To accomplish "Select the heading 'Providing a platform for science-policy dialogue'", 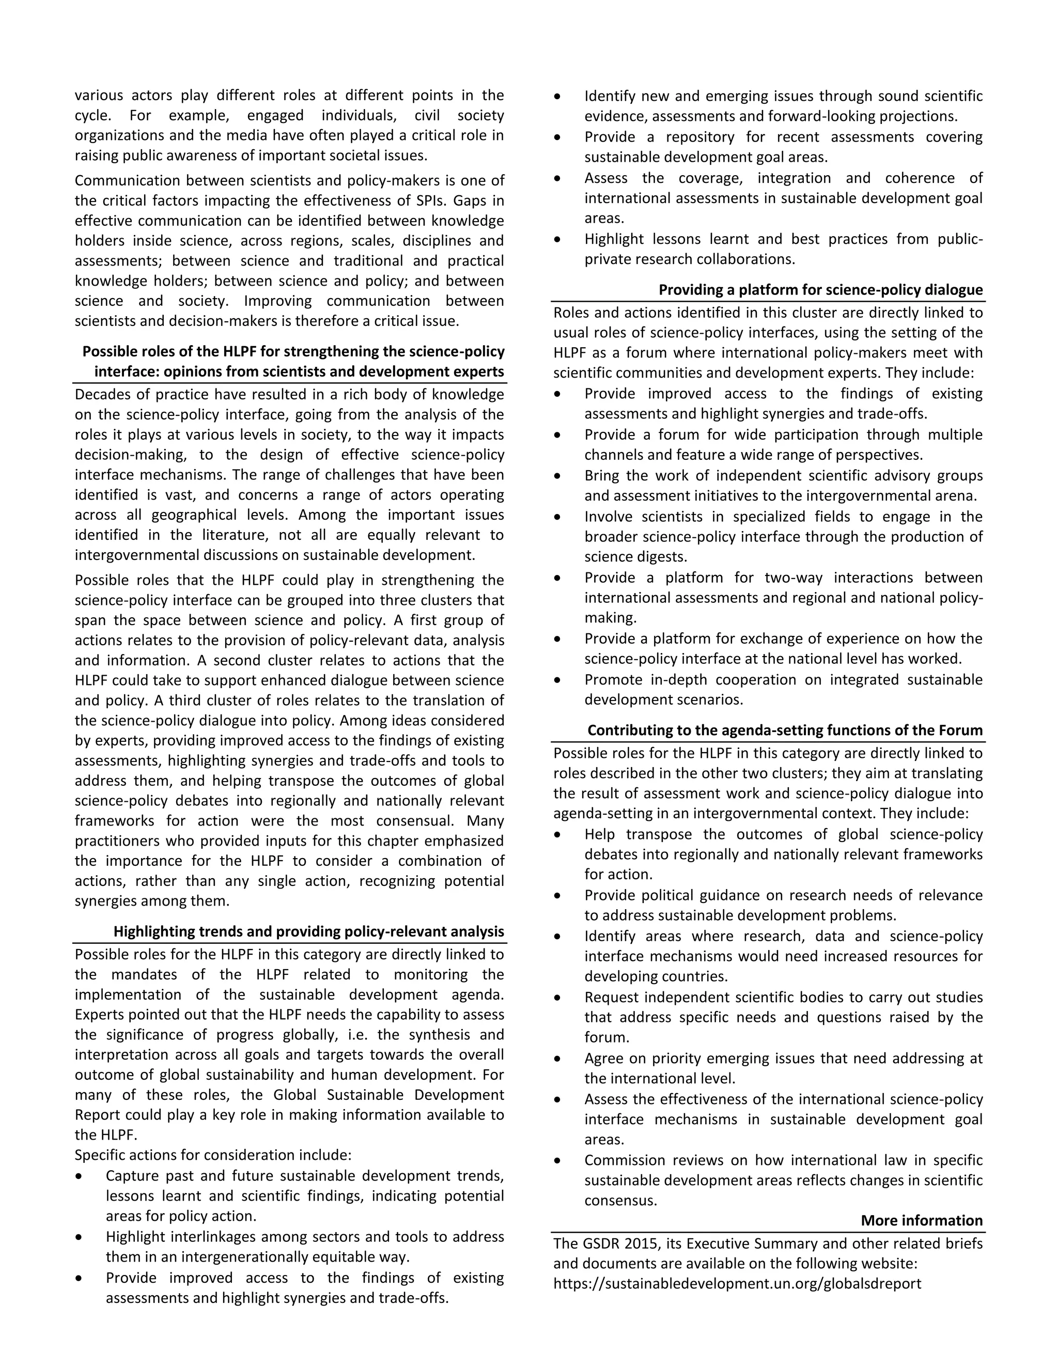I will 820,290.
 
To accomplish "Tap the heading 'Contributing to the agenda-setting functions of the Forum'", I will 784,730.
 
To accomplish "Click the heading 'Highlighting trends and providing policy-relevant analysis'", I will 308,931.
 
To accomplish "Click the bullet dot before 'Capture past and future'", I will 79,1176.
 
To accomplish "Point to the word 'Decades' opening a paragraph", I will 100,394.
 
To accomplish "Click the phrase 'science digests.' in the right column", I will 635,556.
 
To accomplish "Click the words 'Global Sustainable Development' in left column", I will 388,1095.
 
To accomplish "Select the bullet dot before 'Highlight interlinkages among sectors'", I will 79,1237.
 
